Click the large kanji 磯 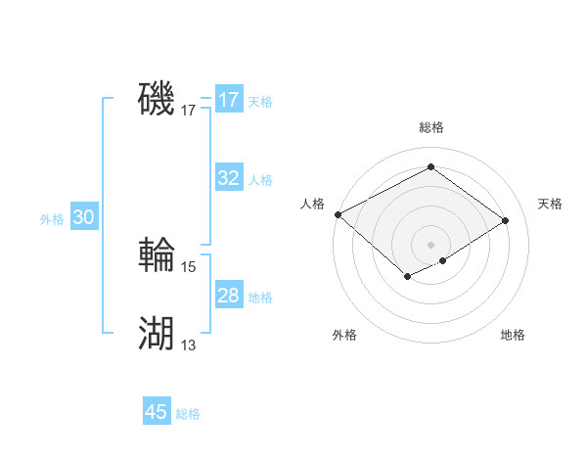[x=157, y=99]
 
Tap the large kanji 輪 [x=157, y=256]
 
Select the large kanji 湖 [x=157, y=334]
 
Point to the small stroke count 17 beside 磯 [x=189, y=112]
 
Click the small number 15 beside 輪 [x=189, y=266]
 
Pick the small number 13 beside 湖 [x=189, y=345]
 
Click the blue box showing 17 [x=228, y=100]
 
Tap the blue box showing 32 [x=228, y=178]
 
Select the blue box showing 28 [x=228, y=296]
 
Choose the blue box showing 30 [x=83, y=218]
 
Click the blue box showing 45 [x=156, y=412]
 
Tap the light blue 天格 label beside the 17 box [x=260, y=102]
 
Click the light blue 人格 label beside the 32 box [x=260, y=180]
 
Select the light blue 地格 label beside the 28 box [x=260, y=298]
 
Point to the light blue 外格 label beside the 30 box [x=52, y=220]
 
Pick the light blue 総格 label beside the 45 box [x=188, y=414]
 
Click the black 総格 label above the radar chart [x=430, y=127]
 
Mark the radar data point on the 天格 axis [x=506, y=221]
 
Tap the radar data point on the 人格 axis [x=338, y=214]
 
